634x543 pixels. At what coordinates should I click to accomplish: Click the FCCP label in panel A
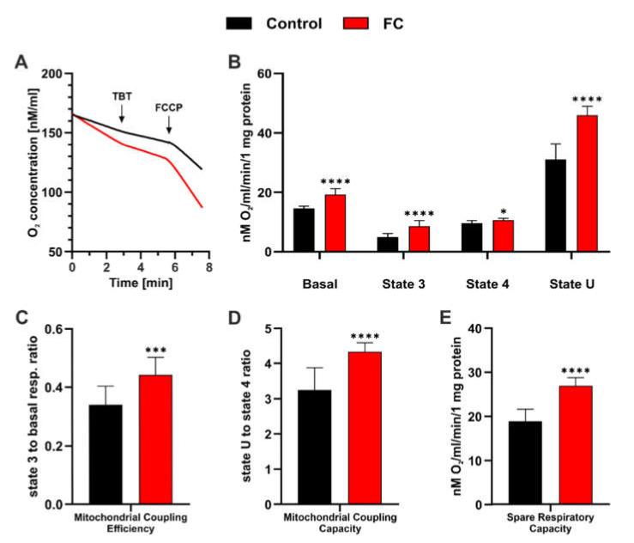pos(169,109)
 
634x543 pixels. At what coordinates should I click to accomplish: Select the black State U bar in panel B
pos(555,205)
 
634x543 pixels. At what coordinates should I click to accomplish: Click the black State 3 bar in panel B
pos(388,244)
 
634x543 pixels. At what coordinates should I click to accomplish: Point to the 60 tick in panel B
pos(277,75)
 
